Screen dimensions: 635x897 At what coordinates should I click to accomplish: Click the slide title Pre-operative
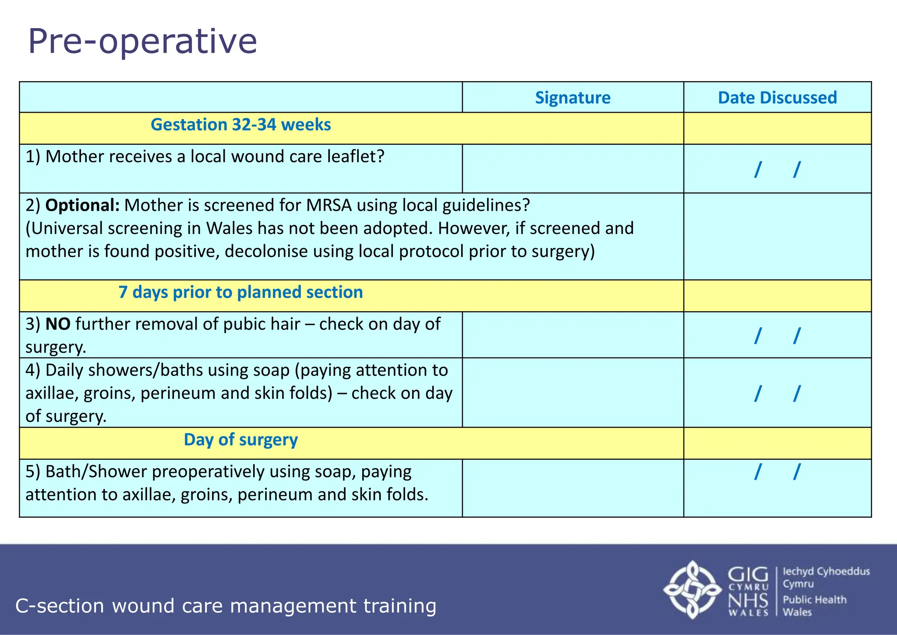142,41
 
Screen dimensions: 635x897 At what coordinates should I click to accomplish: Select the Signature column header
572,97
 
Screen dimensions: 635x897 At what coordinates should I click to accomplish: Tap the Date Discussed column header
777,97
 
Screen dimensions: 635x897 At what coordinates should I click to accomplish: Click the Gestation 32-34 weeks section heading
240,125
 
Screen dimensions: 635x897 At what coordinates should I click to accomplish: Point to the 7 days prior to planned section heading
240,292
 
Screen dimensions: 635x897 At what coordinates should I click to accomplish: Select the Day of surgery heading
240,440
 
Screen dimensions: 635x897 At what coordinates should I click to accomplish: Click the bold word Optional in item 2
82,205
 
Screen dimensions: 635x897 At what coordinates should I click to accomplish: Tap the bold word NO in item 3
58,324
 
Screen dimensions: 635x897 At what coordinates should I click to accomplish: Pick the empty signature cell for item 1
572,169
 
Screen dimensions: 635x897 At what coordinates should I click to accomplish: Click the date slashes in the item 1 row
777,169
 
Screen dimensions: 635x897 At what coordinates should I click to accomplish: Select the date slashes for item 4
777,393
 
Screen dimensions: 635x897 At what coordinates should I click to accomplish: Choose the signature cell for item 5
572,488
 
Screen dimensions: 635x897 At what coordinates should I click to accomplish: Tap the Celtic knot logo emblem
692,589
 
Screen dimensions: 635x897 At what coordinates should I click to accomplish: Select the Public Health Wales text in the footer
814,606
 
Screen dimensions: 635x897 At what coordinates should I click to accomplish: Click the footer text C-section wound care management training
226,606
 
